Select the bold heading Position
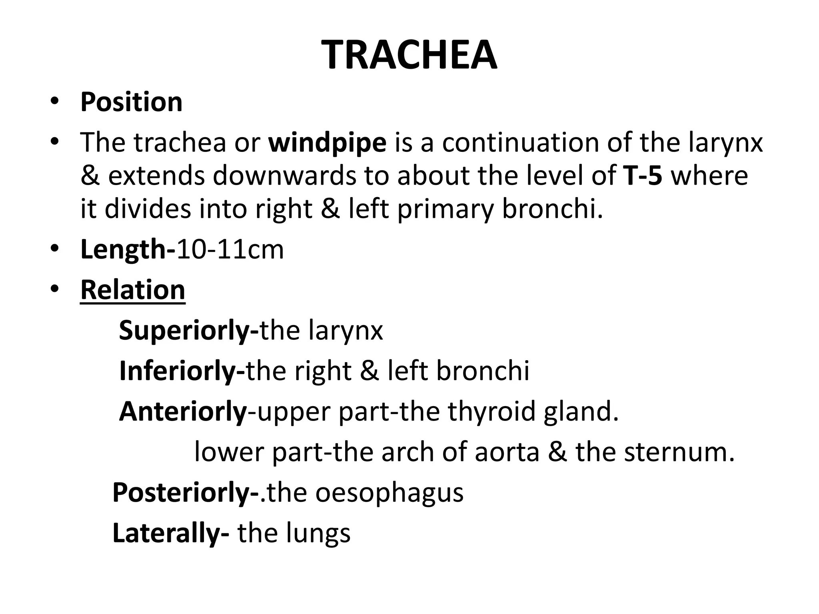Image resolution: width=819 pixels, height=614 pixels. click(131, 102)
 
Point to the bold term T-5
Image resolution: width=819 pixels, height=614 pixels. click(643, 175)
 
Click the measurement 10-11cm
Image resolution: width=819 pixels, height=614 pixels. click(230, 249)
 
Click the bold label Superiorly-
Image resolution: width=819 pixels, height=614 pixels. click(189, 331)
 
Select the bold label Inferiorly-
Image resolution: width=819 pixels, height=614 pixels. click(182, 371)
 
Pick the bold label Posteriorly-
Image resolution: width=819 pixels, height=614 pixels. click(186, 492)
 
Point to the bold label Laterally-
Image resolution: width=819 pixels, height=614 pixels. click(171, 533)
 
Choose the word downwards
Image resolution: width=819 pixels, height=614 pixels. click(284, 175)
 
